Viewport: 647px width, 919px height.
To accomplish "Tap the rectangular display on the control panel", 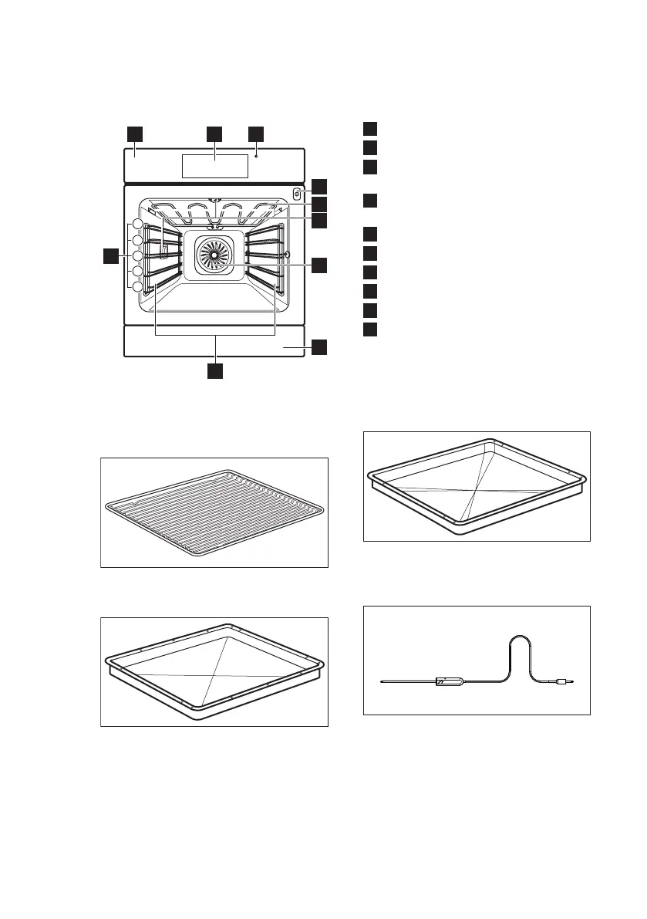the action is point(214,165).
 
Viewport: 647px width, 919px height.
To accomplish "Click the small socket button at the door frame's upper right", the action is point(296,194).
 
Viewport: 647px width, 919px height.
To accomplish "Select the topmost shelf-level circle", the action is point(137,225).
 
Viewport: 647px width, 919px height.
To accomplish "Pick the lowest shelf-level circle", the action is point(137,287).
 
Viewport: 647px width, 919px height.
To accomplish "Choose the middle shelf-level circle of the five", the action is point(137,255).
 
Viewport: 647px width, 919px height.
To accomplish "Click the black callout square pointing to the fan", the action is point(319,265).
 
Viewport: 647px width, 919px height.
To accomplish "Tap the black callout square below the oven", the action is point(215,370).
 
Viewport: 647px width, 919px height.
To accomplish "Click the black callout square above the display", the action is point(215,133).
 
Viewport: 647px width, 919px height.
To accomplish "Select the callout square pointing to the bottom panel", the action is point(319,346).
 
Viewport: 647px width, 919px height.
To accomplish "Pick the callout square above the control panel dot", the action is point(256,133).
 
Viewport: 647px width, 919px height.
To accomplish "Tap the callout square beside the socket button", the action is point(319,187).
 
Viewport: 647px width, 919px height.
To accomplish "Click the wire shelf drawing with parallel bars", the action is point(214,512).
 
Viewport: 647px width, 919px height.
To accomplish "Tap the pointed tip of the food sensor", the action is point(383,682).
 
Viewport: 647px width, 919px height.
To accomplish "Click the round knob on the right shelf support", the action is point(287,254).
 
